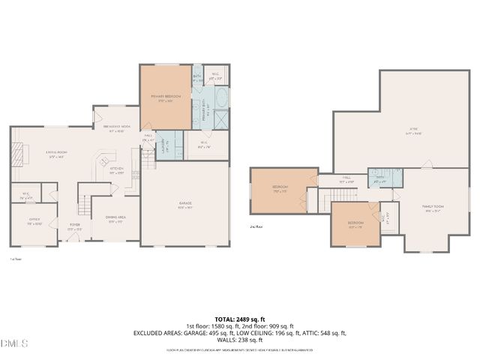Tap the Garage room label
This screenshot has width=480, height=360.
(x=186, y=205)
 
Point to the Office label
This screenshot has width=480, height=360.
(x=34, y=223)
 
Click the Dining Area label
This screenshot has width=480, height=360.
(x=115, y=219)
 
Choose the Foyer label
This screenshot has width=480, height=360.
(x=75, y=224)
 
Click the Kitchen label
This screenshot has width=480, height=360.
(x=116, y=170)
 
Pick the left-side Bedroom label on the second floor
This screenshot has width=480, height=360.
(x=280, y=190)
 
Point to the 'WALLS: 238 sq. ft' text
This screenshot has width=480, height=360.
(x=240, y=339)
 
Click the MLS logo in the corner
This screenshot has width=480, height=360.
(x=14, y=344)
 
